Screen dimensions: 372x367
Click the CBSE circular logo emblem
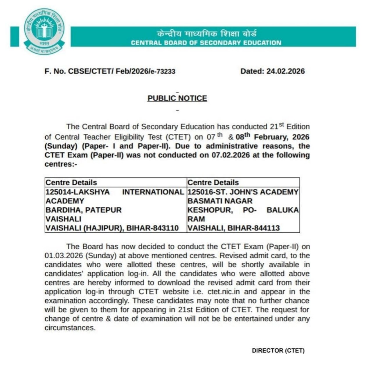point(44,31)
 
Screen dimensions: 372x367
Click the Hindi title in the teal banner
point(206,33)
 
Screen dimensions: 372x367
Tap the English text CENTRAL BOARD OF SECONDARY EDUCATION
point(206,43)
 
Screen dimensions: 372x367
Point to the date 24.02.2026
point(285,71)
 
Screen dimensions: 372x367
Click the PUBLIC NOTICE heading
point(177,98)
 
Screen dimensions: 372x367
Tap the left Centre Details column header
point(71,183)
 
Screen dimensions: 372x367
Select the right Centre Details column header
point(213,183)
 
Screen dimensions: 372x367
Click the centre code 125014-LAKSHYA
point(78,192)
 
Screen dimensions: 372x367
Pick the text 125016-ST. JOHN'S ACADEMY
point(243,192)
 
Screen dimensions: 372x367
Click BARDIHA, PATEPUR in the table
point(84,210)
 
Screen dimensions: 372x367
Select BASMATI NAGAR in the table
point(220,201)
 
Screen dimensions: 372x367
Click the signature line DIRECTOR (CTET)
point(278,350)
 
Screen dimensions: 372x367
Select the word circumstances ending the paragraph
point(70,328)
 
